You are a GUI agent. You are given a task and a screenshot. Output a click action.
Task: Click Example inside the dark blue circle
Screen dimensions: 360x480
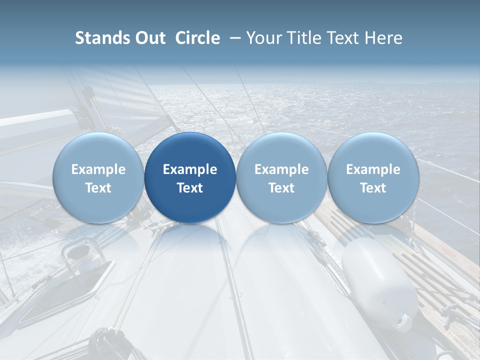(190, 169)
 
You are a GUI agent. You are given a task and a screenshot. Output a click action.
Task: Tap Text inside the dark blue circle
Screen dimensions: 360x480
(190, 188)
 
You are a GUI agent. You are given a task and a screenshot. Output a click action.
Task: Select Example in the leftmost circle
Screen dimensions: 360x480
(98, 169)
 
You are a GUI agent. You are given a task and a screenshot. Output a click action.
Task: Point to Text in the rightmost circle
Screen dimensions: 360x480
(373, 188)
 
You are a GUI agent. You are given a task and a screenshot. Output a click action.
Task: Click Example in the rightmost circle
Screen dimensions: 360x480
(373, 169)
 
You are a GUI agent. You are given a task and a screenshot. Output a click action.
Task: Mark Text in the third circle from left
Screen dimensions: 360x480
(281, 188)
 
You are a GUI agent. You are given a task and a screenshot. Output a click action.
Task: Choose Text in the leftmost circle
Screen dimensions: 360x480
(98, 188)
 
